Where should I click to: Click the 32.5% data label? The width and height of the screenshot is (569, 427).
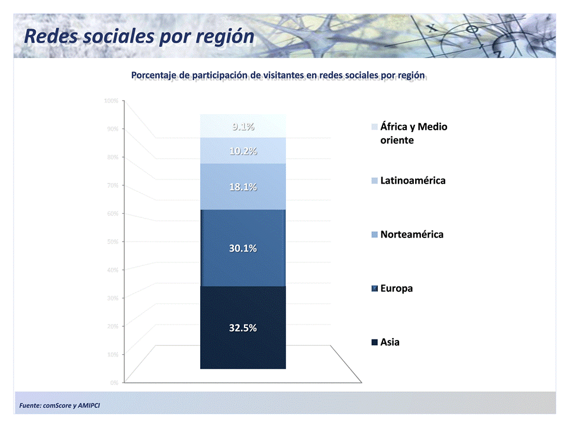coord(243,328)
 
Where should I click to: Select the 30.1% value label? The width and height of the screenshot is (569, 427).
coord(243,249)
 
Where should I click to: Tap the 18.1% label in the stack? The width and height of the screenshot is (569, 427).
coord(243,187)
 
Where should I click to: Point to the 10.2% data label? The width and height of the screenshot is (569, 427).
coord(243,151)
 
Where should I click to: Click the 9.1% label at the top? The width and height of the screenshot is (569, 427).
coord(243,126)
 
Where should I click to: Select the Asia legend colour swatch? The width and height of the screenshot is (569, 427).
coord(374,342)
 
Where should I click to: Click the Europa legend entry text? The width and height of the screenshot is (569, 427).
coord(397,288)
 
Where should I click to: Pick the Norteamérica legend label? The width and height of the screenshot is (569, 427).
coord(412,235)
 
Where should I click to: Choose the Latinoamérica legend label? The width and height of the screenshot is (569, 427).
coord(413,181)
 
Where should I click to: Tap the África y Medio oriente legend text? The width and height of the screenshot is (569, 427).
coord(413,133)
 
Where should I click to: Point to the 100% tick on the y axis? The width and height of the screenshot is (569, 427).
coord(111,101)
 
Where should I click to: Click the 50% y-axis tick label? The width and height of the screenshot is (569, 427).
coord(112,242)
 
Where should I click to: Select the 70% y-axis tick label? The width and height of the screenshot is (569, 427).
coord(112,185)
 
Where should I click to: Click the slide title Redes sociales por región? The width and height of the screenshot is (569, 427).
coord(140,37)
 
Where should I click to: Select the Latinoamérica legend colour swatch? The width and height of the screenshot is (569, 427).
coord(374,181)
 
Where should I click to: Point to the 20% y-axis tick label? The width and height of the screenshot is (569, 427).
coord(112,326)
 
